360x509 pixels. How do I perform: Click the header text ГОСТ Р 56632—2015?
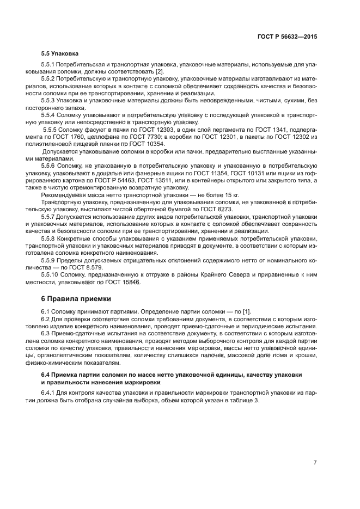[x=287, y=36]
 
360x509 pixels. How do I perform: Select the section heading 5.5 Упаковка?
[x=59, y=54]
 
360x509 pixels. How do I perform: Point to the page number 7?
[x=315, y=463]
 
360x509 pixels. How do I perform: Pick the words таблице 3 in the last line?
[x=244, y=400]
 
